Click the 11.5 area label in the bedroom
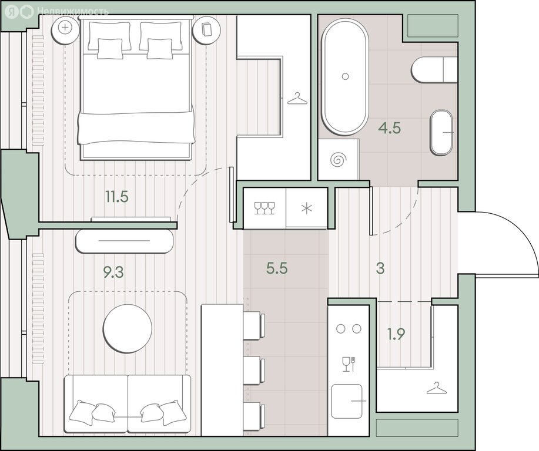pyautogui.click(x=117, y=197)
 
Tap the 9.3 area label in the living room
pyautogui.click(x=113, y=272)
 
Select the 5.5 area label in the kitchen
pyautogui.click(x=277, y=268)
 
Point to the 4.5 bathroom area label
pyautogui.click(x=390, y=128)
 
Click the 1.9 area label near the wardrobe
pyautogui.click(x=396, y=334)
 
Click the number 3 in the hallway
pyautogui.click(x=380, y=268)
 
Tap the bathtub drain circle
pyautogui.click(x=346, y=76)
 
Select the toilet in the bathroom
pyautogui.click(x=434, y=70)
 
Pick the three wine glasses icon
pyautogui.click(x=265, y=208)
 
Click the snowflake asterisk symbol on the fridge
pyautogui.click(x=306, y=208)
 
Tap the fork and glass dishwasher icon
pyautogui.click(x=349, y=364)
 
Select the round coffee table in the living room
pyautogui.click(x=128, y=328)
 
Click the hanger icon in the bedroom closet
pyautogui.click(x=297, y=99)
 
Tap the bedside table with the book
pyautogui.click(x=206, y=30)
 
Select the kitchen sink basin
pyautogui.click(x=347, y=401)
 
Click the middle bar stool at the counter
pyautogui.click(x=255, y=371)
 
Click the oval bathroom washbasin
pyautogui.click(x=441, y=133)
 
